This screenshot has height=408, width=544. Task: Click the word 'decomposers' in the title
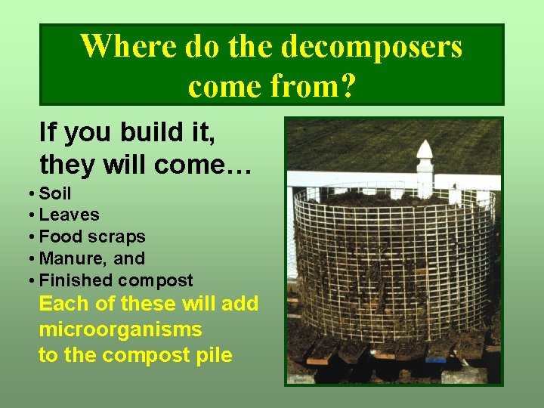pos(371,47)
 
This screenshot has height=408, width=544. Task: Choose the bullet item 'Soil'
pos(55,193)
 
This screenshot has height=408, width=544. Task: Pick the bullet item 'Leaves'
pos(69,215)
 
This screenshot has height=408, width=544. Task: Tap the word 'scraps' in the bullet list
pos(116,237)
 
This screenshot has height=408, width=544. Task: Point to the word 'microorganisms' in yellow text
pos(120,330)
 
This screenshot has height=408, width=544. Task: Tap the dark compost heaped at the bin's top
pos(393,197)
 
